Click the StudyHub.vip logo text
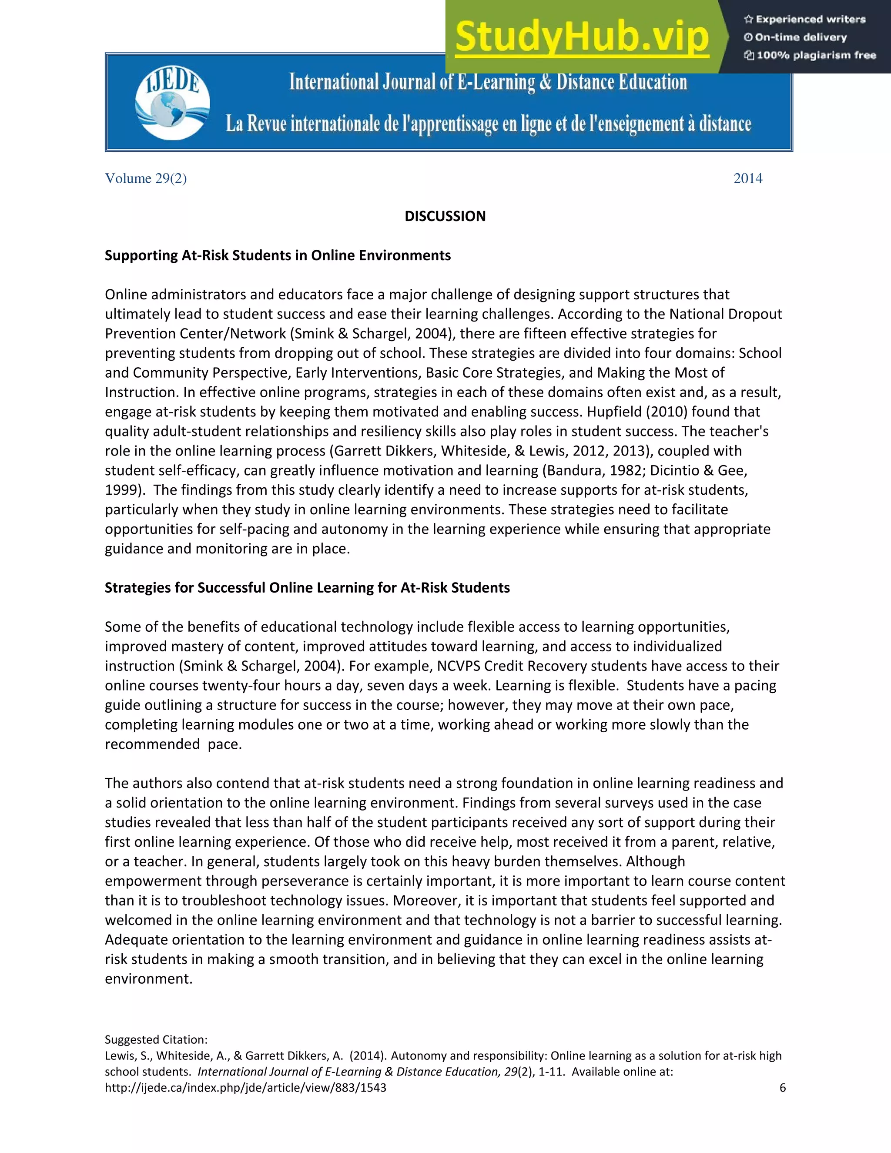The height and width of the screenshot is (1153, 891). pos(581,37)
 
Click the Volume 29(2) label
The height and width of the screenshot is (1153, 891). pos(146,178)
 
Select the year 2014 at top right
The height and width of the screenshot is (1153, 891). pos(747,178)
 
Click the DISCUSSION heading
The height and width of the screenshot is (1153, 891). pos(445,216)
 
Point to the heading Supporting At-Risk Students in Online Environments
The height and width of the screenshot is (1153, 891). pos(278,255)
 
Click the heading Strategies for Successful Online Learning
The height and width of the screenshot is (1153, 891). pos(307,587)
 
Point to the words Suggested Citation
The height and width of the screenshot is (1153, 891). pos(156,1039)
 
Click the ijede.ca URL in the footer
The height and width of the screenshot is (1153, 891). pos(245,1088)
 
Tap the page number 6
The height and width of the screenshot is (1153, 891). pos(782,1088)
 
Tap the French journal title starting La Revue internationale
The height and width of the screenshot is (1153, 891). pos(488,124)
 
